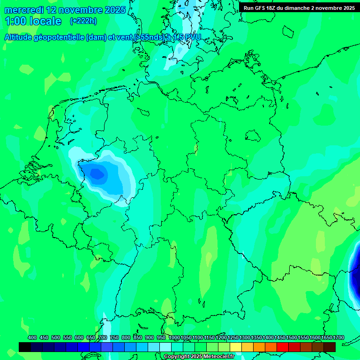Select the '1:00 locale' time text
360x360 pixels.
(x=33, y=21)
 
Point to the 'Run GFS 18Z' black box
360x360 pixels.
(x=299, y=7)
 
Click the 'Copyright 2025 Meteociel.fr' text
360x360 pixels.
(x=199, y=357)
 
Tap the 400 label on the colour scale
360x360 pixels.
(x=32, y=337)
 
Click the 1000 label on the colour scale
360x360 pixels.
(x=174, y=337)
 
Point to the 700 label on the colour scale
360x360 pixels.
(x=103, y=337)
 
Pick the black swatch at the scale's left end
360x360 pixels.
(x=25, y=347)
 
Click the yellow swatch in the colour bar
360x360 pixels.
(x=236, y=347)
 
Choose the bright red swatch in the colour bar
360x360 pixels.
(x=283, y=347)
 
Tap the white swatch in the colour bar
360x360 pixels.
(x=165, y=347)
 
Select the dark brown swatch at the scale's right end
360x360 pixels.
(x=330, y=347)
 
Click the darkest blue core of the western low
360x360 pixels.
(x=97, y=174)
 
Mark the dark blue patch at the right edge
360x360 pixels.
(x=356, y=272)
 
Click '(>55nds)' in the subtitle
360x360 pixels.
(x=150, y=37)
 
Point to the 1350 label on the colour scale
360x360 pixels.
(x=256, y=337)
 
